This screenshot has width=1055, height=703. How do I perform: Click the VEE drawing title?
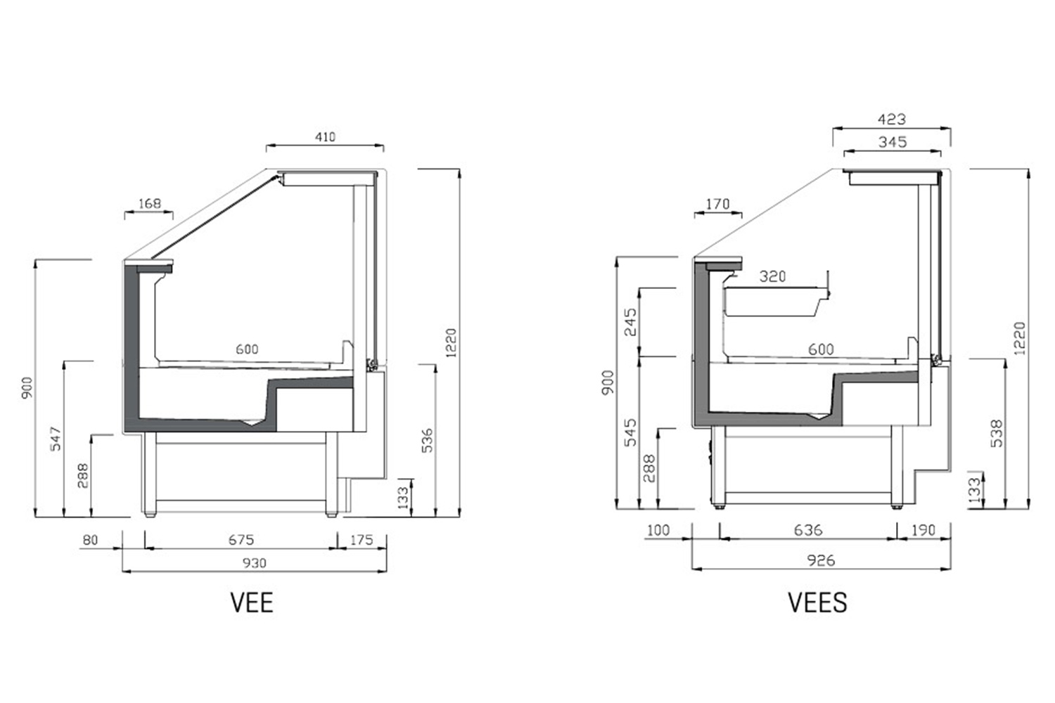point(252,602)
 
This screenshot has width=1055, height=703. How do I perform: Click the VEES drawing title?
point(817,602)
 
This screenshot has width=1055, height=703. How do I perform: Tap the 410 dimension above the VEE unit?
point(325,137)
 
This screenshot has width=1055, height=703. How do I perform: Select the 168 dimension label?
point(149,203)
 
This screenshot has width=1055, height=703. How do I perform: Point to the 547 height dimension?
point(56,439)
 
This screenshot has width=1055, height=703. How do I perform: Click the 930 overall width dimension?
point(255,563)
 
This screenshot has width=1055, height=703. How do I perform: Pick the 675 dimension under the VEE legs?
point(241,540)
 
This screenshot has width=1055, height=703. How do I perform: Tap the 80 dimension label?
point(91,540)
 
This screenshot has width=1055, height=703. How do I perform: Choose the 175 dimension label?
point(362,540)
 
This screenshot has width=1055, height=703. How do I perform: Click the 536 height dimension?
point(427,440)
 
